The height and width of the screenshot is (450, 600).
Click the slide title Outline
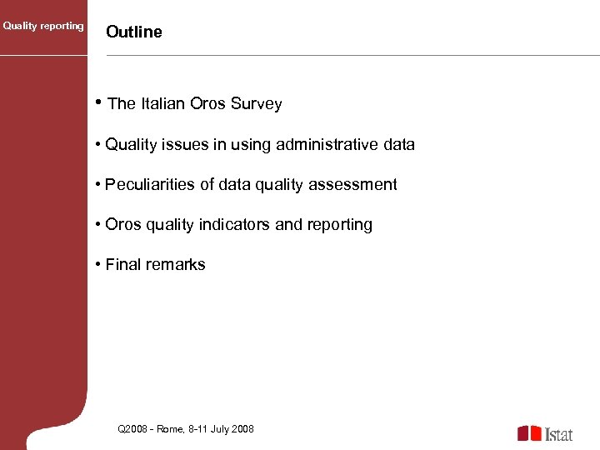(134, 32)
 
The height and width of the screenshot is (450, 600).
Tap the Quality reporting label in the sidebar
(43, 26)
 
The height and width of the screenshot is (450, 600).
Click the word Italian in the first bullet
(163, 104)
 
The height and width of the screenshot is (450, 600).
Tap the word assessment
(352, 184)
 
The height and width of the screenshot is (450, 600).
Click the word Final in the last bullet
(122, 264)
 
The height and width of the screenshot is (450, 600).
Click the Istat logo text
(559, 434)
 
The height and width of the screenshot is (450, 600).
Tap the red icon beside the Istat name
(529, 433)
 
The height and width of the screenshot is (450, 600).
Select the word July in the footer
(219, 429)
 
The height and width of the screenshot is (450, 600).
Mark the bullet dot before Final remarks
(98, 264)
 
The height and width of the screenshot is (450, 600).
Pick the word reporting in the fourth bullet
(342, 224)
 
